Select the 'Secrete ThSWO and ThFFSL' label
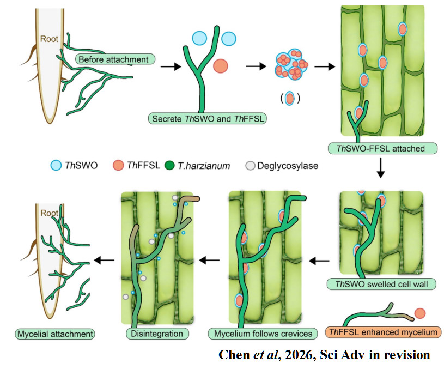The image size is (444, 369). [x=208, y=118]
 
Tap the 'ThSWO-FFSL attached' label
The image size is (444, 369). [x=382, y=148]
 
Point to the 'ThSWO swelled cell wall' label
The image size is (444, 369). [x=381, y=284]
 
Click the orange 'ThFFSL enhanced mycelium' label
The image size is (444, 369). [x=384, y=332]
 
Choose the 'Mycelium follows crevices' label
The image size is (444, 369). [x=263, y=334]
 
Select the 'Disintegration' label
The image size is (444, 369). [x=157, y=334]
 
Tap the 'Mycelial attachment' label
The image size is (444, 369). [x=55, y=334]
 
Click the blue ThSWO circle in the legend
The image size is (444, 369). [x=56, y=165]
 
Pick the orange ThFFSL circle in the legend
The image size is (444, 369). [x=118, y=165]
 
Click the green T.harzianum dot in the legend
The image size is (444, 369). [x=169, y=165]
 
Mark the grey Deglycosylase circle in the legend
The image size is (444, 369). [x=250, y=166]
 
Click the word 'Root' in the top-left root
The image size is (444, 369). [x=49, y=39]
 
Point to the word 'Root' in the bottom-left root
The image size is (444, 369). [x=49, y=213]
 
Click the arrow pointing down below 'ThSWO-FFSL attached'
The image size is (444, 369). [x=381, y=168]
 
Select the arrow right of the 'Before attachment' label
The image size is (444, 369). [x=171, y=66]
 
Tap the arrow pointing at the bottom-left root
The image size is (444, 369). [x=104, y=260]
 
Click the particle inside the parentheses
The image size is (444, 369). [x=289, y=98]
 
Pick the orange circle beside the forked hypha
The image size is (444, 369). [x=221, y=66]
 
